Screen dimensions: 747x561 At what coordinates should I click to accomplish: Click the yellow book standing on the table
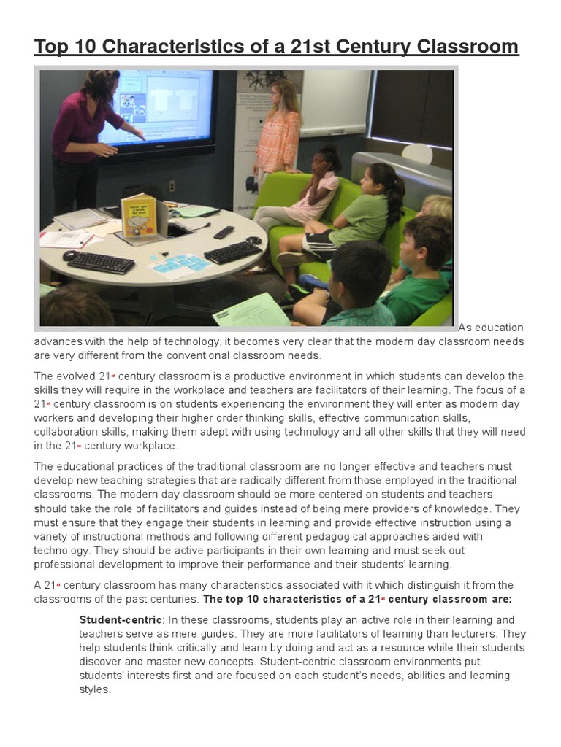click(x=138, y=216)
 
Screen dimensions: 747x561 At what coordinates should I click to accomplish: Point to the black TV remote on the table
click(x=224, y=232)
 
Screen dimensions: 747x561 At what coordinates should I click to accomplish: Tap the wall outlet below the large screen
click(x=172, y=186)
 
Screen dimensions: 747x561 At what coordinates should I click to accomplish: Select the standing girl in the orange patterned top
click(x=278, y=128)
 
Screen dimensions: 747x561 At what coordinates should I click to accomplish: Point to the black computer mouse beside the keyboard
click(x=70, y=255)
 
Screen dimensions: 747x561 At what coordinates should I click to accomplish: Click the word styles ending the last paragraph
click(x=93, y=689)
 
